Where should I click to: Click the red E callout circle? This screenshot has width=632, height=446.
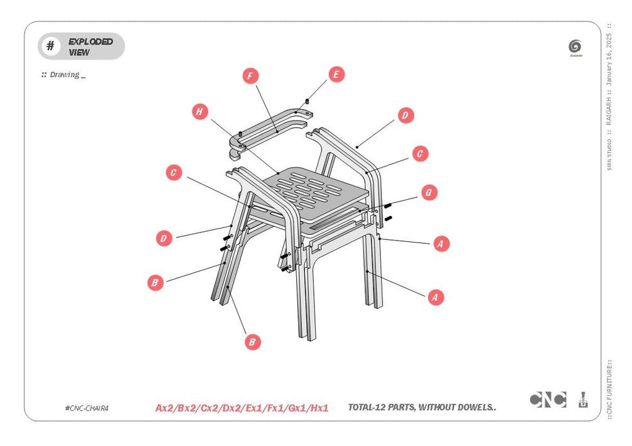point(336,74)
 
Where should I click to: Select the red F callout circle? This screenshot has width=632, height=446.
point(250,76)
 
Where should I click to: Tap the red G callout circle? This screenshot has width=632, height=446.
point(428,192)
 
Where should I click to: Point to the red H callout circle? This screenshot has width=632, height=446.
point(199,112)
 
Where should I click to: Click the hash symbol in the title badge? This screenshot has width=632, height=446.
point(50,46)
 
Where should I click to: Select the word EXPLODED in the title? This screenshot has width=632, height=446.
point(91,41)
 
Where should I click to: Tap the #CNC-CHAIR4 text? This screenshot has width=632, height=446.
point(87,408)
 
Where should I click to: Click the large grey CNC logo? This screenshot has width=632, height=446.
point(548,400)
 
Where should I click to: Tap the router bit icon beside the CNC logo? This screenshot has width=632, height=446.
point(583,400)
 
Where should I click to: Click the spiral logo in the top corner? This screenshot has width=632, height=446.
point(575,46)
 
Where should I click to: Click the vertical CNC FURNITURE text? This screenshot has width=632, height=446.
point(609,389)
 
